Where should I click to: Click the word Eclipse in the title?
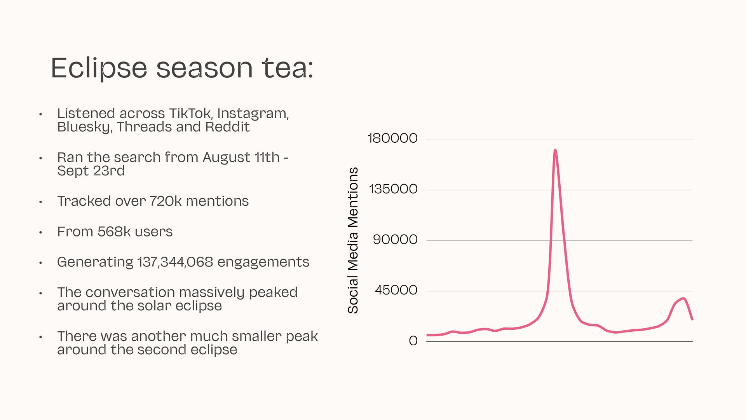click(99, 68)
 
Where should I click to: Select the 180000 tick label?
click(392, 138)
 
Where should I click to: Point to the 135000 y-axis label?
click(393, 189)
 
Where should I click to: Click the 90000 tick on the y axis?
click(395, 240)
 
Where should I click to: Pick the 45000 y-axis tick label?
click(396, 290)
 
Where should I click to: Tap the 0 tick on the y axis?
click(413, 341)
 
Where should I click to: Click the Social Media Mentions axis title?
click(353, 240)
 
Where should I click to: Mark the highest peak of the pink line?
click(555, 150)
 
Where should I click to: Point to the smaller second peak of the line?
click(683, 298)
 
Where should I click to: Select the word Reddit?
click(227, 127)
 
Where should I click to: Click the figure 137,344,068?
click(175, 262)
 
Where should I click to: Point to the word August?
click(227, 157)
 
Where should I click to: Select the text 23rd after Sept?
click(109, 171)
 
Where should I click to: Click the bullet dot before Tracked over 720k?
click(40, 202)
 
